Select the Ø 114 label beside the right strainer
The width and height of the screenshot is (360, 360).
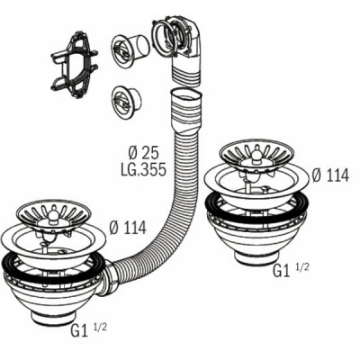(x=331, y=175)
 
